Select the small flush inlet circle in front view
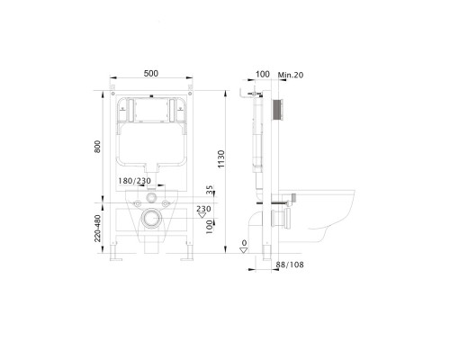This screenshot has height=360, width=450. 150,195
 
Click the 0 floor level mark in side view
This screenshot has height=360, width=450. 243,243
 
